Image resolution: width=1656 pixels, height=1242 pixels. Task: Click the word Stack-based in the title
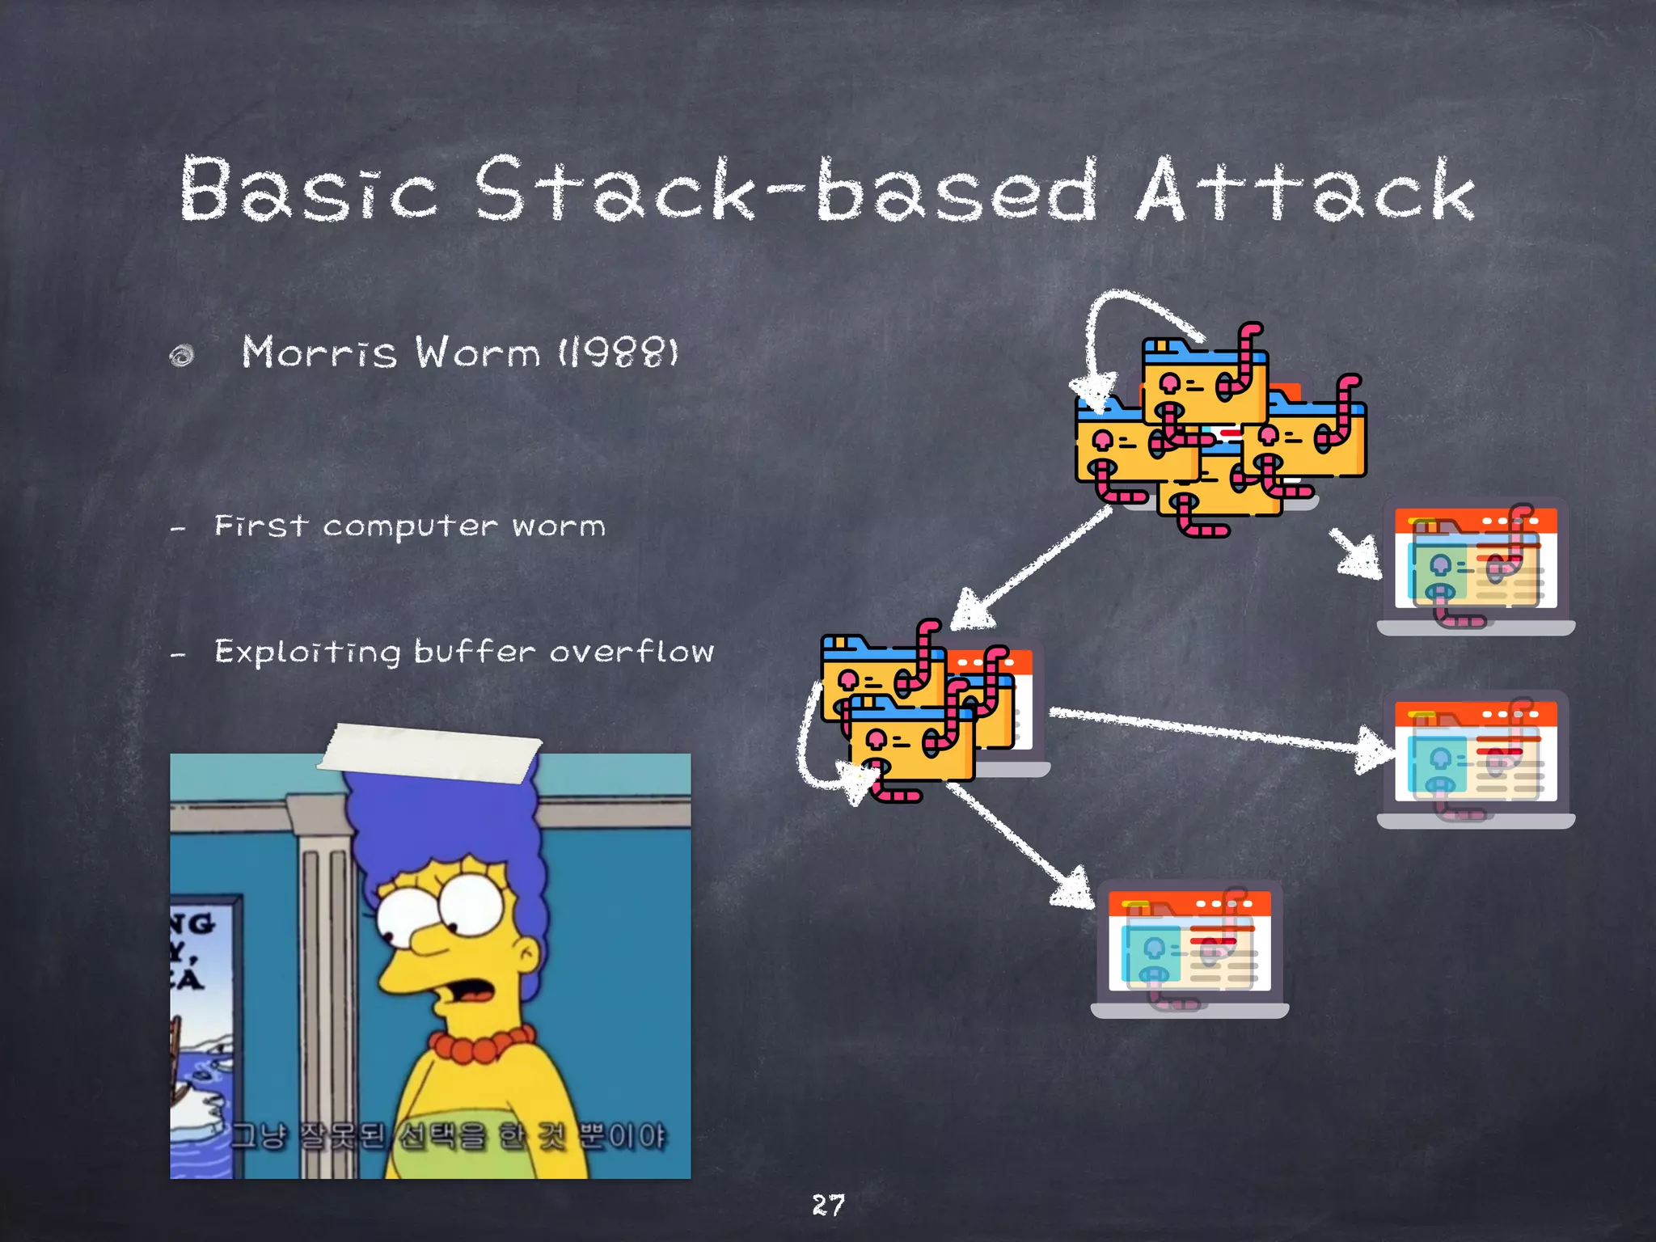click(x=784, y=190)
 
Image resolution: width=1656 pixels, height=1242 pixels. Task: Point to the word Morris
click(x=319, y=353)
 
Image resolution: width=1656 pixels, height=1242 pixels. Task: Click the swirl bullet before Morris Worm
click(x=182, y=355)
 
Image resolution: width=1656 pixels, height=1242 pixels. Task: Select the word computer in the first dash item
click(x=410, y=526)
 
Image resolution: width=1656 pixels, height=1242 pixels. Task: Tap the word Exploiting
click(x=307, y=652)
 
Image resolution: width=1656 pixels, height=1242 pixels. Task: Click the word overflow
click(x=632, y=651)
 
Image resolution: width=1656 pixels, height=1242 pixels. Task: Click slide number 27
click(x=828, y=1205)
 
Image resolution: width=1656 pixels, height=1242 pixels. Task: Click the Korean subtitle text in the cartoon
click(x=449, y=1136)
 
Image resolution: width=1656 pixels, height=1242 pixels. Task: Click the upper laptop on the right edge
click(x=1476, y=566)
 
